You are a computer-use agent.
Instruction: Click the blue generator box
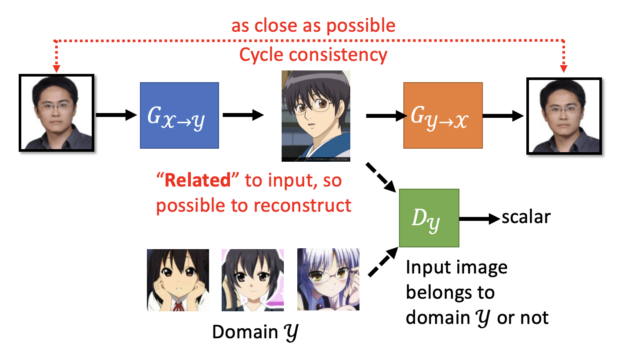coord(179,116)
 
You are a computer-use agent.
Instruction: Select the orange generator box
coord(442,116)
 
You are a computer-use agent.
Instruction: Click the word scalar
coord(526,217)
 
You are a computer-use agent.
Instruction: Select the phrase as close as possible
coord(313,26)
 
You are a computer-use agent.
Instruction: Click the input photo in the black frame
coord(57,113)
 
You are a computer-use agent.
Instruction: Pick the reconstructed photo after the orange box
coord(564,116)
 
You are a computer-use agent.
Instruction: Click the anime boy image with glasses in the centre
coord(316,116)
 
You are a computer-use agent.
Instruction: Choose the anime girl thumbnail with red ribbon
coord(178,280)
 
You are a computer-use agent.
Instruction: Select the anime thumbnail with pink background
coord(253,280)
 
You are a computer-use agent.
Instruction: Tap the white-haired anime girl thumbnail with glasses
coord(328,280)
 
